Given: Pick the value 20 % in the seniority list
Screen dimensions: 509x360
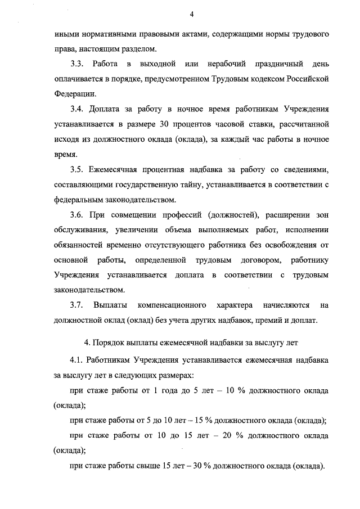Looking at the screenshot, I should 218,435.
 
